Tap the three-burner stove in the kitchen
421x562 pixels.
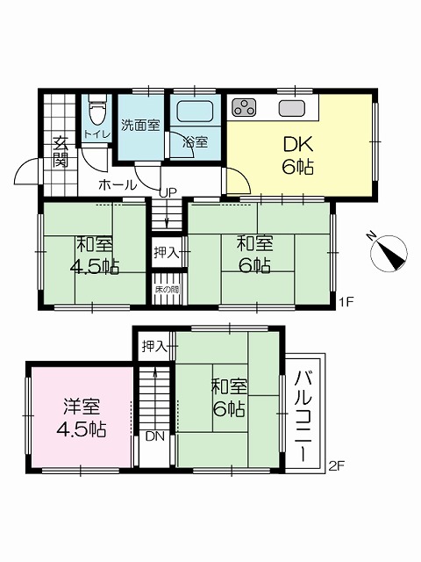pyautogui.click(x=244, y=107)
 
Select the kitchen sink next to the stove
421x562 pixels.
pyautogui.click(x=292, y=107)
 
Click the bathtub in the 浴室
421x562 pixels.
pyautogui.click(x=196, y=112)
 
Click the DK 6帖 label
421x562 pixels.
pyautogui.click(x=298, y=155)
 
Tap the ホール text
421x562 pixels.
pyautogui.click(x=118, y=185)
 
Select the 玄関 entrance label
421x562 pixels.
pyautogui.click(x=61, y=152)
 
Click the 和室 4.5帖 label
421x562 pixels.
pyautogui.click(x=95, y=256)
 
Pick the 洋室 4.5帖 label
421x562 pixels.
pyautogui.click(x=82, y=418)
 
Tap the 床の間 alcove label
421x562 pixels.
pyautogui.click(x=167, y=289)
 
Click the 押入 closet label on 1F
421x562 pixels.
pyautogui.click(x=166, y=253)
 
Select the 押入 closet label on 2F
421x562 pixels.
pyautogui.click(x=154, y=347)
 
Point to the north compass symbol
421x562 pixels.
pyautogui.click(x=389, y=252)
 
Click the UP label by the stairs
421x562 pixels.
pyautogui.click(x=168, y=193)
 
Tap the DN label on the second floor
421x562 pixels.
pyautogui.click(x=154, y=436)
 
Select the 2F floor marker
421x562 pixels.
pyautogui.click(x=337, y=466)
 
